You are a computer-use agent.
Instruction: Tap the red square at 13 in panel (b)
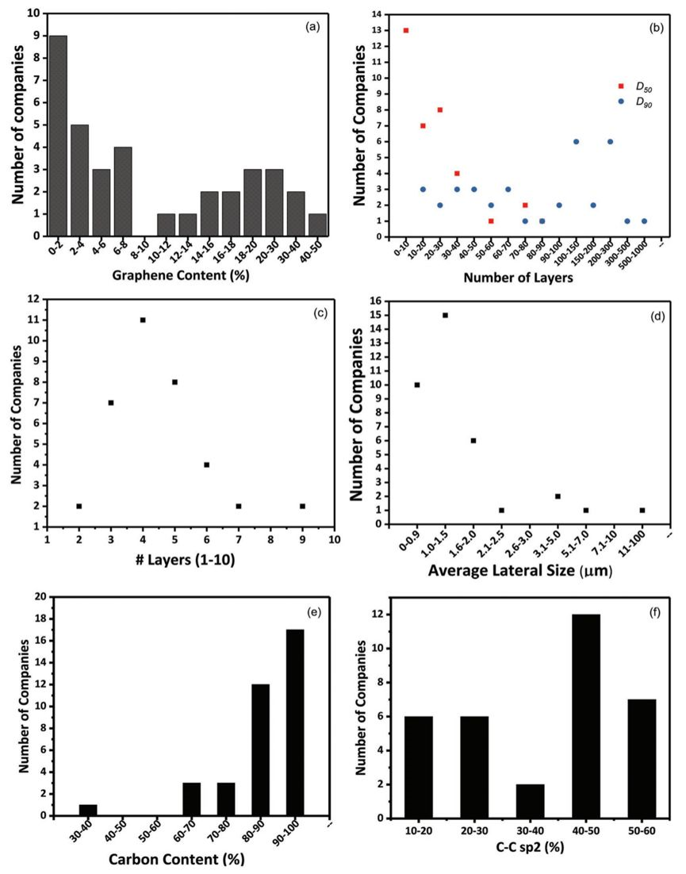point(406,31)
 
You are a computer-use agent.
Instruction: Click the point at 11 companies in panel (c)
point(143,320)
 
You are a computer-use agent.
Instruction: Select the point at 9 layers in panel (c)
point(303,506)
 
